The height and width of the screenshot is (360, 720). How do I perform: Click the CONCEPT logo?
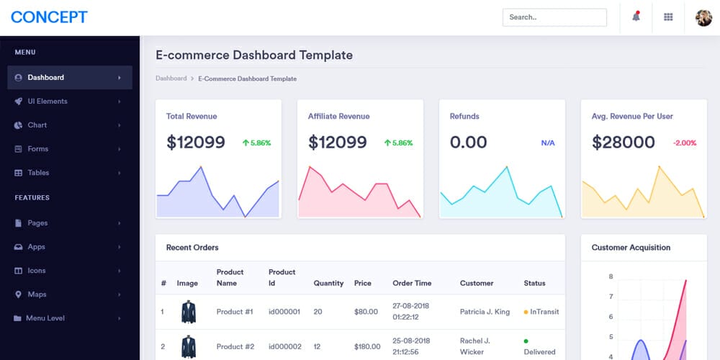coord(49,17)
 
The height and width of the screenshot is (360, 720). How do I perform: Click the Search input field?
coord(554,17)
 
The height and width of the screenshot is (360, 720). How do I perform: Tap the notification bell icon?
coord(636,17)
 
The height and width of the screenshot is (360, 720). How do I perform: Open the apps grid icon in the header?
coord(668,17)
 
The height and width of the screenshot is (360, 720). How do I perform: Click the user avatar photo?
coord(703,17)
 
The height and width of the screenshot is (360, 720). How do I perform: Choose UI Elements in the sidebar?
coord(48,102)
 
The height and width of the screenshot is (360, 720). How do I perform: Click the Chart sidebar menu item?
coord(37,125)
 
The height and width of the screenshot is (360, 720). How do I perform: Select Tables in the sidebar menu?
coord(38,173)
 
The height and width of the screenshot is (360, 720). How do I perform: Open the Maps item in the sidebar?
coord(37,294)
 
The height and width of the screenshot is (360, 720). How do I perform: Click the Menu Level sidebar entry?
coord(45,318)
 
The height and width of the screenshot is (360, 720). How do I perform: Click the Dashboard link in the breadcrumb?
coord(171,78)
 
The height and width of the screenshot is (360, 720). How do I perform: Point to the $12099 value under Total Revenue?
coord(196,143)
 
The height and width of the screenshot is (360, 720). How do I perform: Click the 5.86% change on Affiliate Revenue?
coord(399,143)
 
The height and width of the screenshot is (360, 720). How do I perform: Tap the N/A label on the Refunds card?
coord(548,143)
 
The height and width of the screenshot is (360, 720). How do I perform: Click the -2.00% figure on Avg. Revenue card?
coord(685,143)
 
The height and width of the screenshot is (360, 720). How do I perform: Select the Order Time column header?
coord(412,284)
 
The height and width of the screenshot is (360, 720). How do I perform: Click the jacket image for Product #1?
coord(189,312)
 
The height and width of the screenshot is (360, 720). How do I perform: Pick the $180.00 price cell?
coord(367,347)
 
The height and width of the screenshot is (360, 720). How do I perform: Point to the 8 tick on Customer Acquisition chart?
coord(611,276)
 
